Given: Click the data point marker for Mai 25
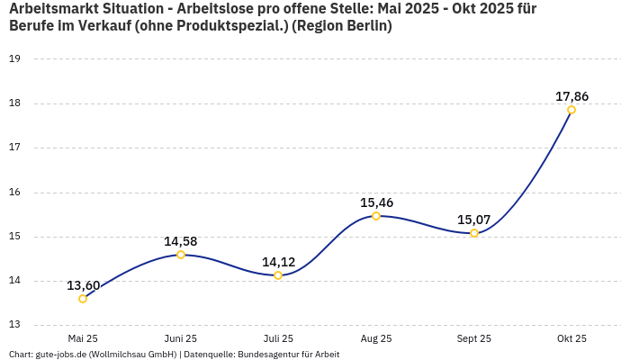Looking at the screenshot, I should pos(83,299).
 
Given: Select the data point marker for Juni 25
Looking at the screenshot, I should pos(181,255).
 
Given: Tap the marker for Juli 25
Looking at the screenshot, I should pos(278,275).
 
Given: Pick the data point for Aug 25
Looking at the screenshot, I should pos(376,216).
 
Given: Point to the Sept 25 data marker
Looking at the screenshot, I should pos(474,233).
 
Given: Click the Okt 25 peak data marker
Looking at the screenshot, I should pos(571,110).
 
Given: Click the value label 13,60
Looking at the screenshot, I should pos(83,285).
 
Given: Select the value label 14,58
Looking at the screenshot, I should pos(181,241).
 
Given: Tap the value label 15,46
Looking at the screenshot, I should pos(376,202).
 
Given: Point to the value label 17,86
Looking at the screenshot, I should pos(571,96).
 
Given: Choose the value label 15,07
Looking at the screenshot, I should pos(474,220).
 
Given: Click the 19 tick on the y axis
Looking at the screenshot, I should pos(14,59).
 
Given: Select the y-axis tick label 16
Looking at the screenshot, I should pos(14,193).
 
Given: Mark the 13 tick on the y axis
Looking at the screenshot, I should pos(14,326).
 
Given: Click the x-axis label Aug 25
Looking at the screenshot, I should pos(376,338).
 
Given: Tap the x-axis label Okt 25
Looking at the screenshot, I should pos(571,338).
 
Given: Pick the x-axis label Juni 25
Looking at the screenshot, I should pos(181,338).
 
